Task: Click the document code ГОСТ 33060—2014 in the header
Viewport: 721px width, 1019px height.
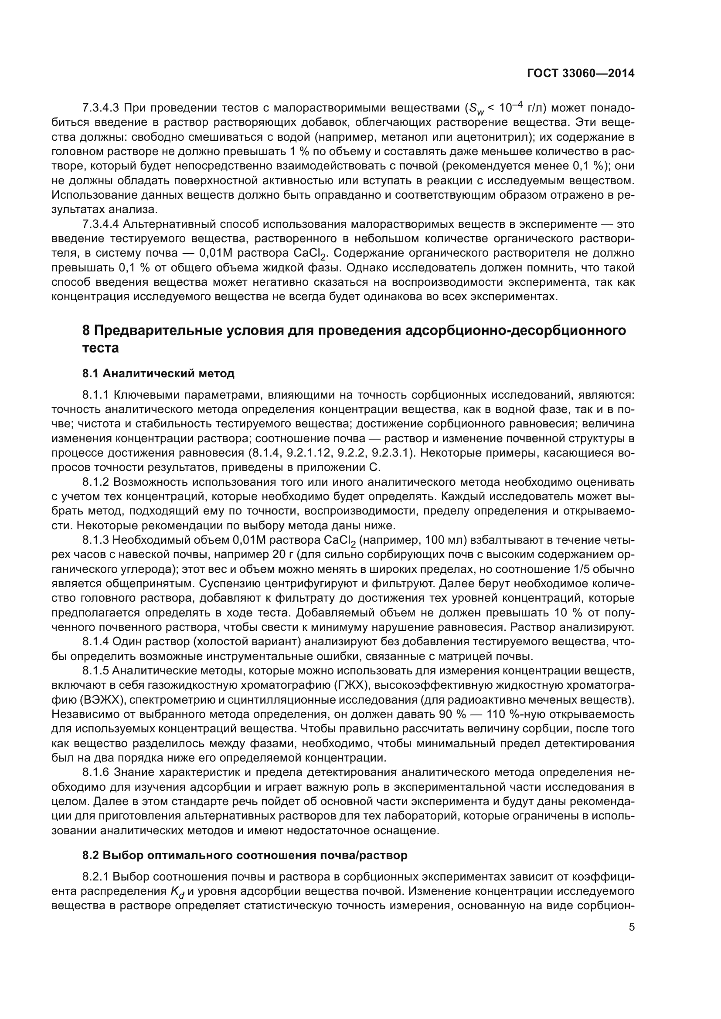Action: [580, 73]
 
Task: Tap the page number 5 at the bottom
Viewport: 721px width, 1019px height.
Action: [632, 927]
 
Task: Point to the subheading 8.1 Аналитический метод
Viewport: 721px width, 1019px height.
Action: [158, 373]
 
